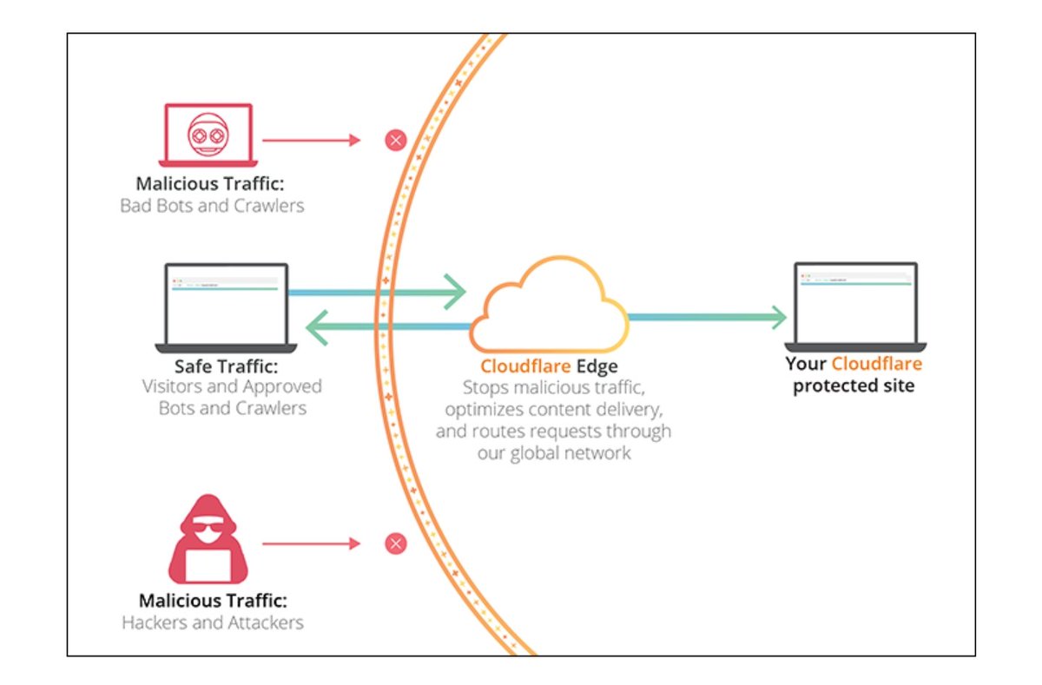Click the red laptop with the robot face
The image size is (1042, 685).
pyautogui.click(x=208, y=135)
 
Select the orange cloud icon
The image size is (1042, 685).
pyautogui.click(x=549, y=303)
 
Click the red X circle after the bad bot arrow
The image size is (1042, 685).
pyautogui.click(x=395, y=140)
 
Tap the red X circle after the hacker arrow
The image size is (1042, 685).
pyautogui.click(x=395, y=544)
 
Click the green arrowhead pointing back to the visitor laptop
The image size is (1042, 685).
pyautogui.click(x=319, y=327)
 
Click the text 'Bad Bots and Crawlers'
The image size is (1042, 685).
pyautogui.click(x=212, y=207)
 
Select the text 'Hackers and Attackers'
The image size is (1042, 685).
pyautogui.click(x=212, y=622)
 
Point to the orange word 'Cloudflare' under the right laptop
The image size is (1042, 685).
pyautogui.click(x=877, y=365)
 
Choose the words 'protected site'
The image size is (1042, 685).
pyautogui.click(x=854, y=386)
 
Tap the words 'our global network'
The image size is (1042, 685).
pyautogui.click(x=554, y=452)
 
